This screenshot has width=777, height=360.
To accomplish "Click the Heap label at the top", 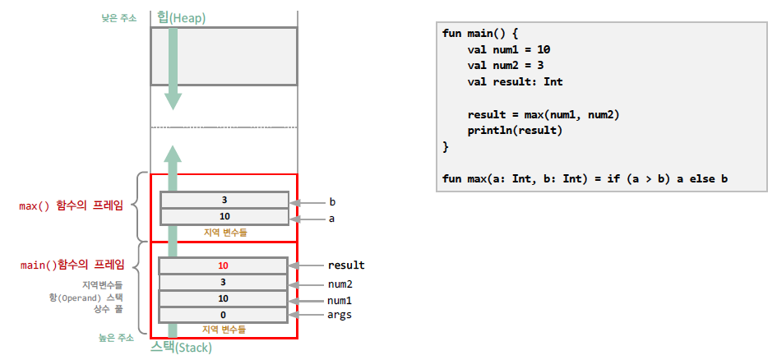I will click(181, 17).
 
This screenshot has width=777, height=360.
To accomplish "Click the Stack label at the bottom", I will click(181, 348).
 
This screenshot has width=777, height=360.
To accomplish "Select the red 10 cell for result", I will click(223, 265).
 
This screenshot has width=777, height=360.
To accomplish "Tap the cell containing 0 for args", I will click(223, 315).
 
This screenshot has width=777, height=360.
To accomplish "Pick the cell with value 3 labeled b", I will click(224, 201).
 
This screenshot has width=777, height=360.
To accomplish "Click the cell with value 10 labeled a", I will click(224, 217).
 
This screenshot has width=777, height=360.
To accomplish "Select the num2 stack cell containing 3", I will click(223, 282).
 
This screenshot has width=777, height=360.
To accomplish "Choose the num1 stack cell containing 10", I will click(223, 298).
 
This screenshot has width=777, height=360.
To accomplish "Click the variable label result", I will click(346, 265).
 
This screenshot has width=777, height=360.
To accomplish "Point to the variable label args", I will click(340, 315).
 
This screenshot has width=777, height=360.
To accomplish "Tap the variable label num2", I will click(340, 284).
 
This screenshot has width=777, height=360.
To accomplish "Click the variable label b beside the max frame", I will click(332, 201).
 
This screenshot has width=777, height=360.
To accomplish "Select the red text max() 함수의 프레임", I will click(72, 205).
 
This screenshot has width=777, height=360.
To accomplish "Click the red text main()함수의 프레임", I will click(72, 265).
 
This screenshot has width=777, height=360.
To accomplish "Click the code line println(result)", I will click(515, 131).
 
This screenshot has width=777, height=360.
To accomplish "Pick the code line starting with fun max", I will click(585, 178).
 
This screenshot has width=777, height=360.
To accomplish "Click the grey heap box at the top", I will click(223, 56).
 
